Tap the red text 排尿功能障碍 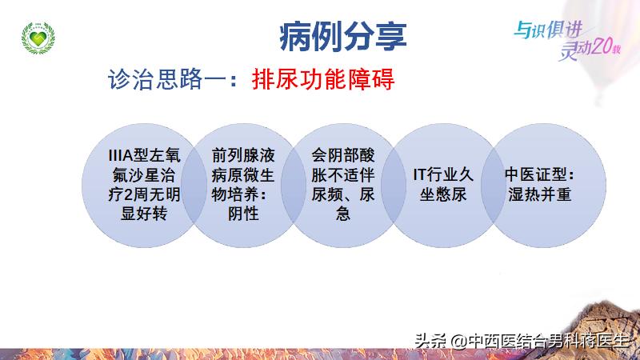pos(324,81)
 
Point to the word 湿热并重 pos(539,194)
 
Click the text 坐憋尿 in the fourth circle pos(444,194)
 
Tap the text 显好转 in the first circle pos(138,214)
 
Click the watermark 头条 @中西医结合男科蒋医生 pos(523,340)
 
